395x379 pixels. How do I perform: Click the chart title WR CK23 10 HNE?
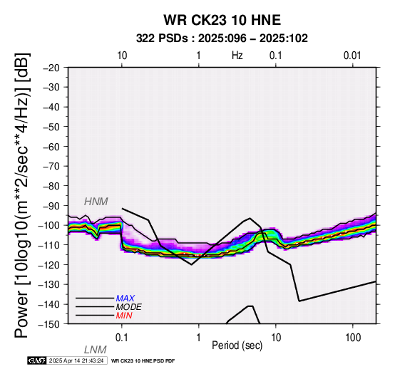(x=222, y=20)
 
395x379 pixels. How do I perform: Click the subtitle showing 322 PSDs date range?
(x=222, y=38)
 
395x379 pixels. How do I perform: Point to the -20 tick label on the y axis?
(x=51, y=68)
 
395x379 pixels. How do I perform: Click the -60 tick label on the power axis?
(x=51, y=147)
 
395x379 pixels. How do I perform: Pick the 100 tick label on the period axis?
(x=353, y=338)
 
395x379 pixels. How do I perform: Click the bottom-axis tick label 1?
(x=199, y=338)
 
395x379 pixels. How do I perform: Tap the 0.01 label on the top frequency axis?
(x=352, y=56)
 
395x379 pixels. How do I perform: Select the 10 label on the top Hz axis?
(x=122, y=56)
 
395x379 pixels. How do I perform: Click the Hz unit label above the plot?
(x=237, y=56)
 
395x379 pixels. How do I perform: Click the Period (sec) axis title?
(x=237, y=346)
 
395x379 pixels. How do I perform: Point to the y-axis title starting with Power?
(x=22, y=195)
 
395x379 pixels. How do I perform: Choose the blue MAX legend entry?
(x=125, y=298)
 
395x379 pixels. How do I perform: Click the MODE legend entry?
(x=129, y=307)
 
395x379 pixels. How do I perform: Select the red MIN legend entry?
(x=124, y=316)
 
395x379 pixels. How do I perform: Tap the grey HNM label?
(x=96, y=202)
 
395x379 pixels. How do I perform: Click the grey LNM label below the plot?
(x=96, y=350)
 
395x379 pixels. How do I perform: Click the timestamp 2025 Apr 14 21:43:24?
(x=76, y=361)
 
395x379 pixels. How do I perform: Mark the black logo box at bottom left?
(x=37, y=361)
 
